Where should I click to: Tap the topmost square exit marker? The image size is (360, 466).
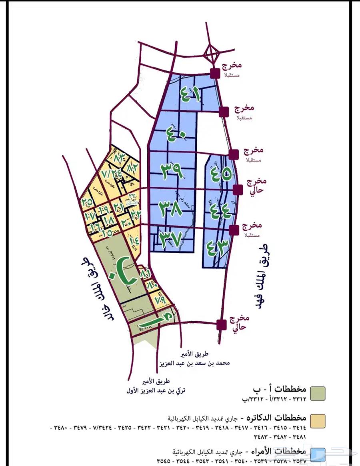(x=215, y=73)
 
